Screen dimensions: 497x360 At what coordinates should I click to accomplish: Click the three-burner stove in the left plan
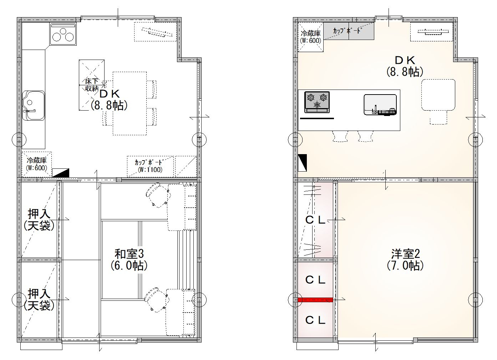tap(64, 34)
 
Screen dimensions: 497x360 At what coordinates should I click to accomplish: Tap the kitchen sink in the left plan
tap(34, 105)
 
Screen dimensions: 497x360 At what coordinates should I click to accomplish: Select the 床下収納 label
tap(92, 85)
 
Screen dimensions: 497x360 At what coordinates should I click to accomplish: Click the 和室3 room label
tap(129, 260)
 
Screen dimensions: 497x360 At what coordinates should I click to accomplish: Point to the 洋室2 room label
tap(405, 260)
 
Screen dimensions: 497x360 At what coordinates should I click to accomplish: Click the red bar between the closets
tap(315, 300)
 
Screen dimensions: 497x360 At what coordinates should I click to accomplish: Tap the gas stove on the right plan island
tap(317, 102)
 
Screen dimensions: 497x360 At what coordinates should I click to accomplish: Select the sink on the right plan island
tap(380, 105)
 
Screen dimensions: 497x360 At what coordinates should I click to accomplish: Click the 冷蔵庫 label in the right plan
tap(311, 37)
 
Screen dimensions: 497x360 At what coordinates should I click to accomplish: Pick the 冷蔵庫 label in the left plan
tap(37, 164)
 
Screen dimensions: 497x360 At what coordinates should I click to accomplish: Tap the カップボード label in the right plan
tap(347, 31)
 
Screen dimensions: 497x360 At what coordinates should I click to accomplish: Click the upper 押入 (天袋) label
tap(39, 219)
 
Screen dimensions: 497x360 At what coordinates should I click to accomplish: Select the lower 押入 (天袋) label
tap(39, 299)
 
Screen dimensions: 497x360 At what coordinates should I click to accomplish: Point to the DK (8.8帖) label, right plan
tap(405, 66)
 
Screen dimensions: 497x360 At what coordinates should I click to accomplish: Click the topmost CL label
tap(315, 220)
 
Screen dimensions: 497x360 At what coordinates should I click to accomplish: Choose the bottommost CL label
tap(315, 320)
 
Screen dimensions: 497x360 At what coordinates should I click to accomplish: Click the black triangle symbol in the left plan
tap(61, 173)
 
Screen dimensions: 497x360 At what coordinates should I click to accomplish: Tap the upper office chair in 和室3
tap(158, 195)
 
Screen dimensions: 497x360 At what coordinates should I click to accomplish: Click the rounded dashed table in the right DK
tap(438, 95)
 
